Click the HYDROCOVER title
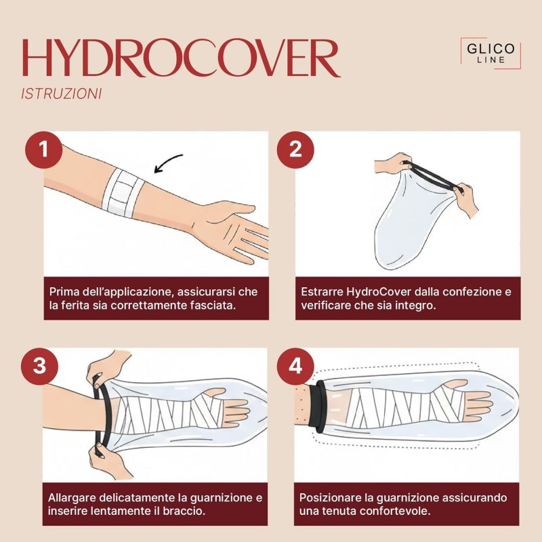click(181, 58)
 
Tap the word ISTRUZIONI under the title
click(62, 93)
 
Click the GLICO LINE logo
click(491, 53)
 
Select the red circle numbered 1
click(43, 150)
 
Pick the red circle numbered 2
click(295, 150)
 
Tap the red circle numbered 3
click(39, 366)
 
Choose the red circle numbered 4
click(295, 366)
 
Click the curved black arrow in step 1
click(167, 161)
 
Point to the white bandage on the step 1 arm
click(123, 192)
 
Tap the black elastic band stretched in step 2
click(432, 175)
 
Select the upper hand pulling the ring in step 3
click(108, 367)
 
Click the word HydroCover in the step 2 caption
click(378, 292)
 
